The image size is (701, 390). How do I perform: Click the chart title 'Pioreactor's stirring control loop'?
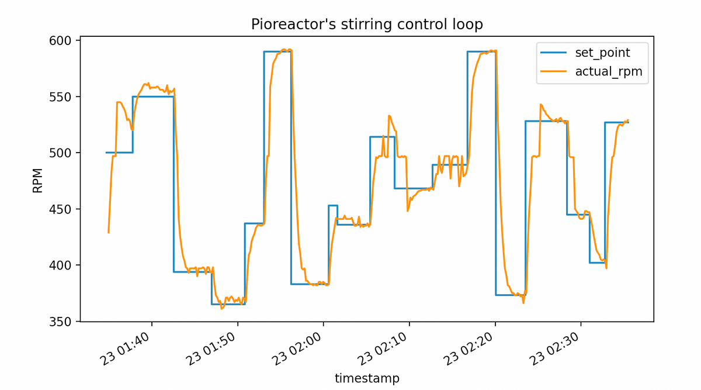[x=367, y=24]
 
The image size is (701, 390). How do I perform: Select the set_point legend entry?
[x=602, y=53]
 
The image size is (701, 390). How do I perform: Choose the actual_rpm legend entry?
[x=608, y=72]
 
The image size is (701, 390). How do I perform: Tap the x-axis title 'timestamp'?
[x=367, y=378]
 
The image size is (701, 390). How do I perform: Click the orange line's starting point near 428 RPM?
[x=109, y=233]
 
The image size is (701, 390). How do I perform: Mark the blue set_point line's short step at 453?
[x=333, y=205]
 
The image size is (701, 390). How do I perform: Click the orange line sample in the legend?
[x=553, y=72]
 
